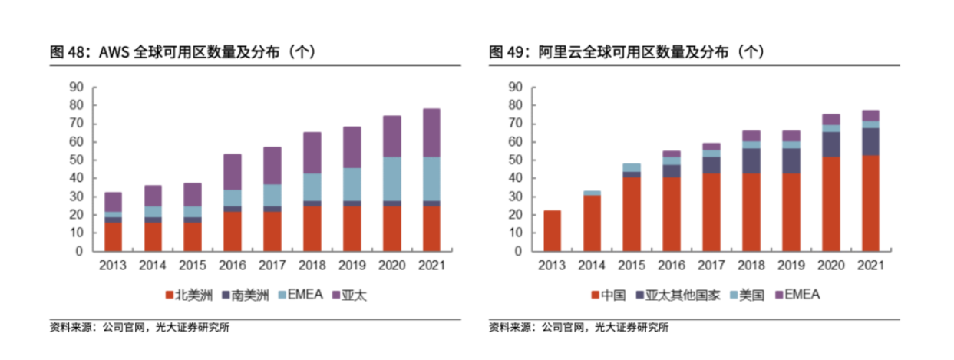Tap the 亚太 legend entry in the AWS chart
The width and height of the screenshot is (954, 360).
click(354, 295)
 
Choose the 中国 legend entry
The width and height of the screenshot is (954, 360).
click(609, 295)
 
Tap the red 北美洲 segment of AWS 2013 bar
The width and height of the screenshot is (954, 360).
click(113, 236)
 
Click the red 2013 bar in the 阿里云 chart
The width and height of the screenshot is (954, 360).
click(552, 230)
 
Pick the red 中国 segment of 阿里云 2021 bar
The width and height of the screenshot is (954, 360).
click(870, 203)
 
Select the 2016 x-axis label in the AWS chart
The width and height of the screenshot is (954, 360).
click(233, 265)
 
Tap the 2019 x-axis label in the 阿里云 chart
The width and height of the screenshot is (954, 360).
click(791, 265)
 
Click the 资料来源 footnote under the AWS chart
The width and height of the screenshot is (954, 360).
click(138, 328)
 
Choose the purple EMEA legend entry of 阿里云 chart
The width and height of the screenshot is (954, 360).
click(798, 295)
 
